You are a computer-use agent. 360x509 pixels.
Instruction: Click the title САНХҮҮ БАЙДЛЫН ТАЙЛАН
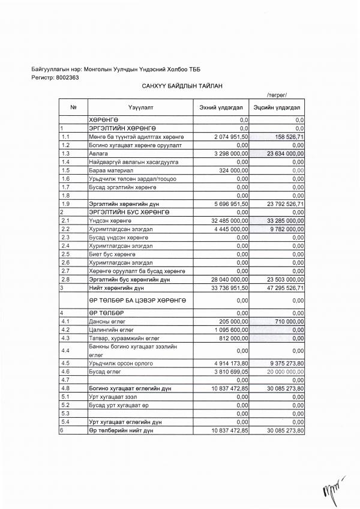point(182,86)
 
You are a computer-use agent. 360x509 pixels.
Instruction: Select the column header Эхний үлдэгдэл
point(220,107)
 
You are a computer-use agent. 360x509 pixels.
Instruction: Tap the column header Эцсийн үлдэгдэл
point(281,107)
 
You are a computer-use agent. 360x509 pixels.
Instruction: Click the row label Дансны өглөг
point(104,322)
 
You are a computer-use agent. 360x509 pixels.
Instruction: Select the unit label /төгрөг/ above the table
point(277,95)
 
